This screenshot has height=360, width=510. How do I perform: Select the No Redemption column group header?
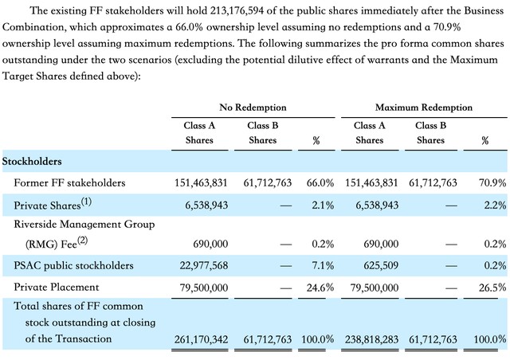coord(253,108)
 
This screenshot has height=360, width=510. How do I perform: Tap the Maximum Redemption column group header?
coord(423,108)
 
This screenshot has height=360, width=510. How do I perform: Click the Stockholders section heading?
coord(32,162)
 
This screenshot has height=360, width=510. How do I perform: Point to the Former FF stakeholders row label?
coord(69,182)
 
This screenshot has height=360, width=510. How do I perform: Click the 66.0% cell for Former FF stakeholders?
coord(320,182)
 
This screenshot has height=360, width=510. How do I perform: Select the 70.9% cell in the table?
coord(492,182)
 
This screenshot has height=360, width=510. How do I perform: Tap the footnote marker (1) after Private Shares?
coord(86,202)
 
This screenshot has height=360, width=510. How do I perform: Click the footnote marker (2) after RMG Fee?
coord(83,241)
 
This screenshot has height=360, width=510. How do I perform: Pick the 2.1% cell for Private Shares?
coord(323,205)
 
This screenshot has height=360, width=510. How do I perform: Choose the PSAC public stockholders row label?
coord(73,266)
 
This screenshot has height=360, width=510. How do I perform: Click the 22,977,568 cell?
coord(204,266)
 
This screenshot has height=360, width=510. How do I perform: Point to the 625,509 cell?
coord(381,266)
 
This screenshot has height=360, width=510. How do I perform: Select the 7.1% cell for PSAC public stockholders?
coord(323,266)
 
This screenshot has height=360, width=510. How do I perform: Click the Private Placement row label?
coord(57,288)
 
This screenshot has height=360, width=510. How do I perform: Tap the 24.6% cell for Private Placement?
coord(320,288)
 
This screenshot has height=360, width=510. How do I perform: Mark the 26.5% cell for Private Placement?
coord(492,288)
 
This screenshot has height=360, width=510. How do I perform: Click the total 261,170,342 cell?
coord(201,339)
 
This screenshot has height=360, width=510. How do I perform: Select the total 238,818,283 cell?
coord(372,339)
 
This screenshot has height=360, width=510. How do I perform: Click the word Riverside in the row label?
coord(35,225)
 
